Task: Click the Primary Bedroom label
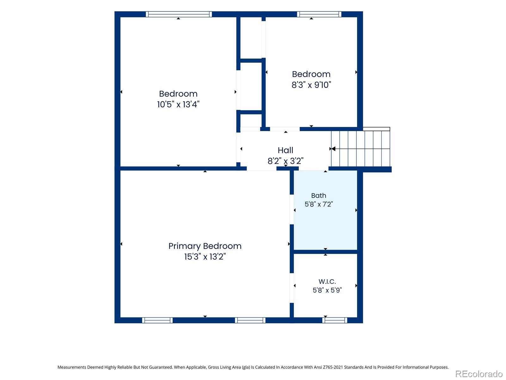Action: (x=205, y=246)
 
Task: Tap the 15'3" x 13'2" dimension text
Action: (x=205, y=256)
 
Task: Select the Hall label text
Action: (x=285, y=150)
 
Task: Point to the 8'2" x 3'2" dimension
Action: (x=285, y=161)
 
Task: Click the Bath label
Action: (x=318, y=196)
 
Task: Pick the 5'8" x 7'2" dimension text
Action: (x=318, y=204)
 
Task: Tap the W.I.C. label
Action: (x=327, y=282)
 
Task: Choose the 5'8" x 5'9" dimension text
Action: (x=327, y=290)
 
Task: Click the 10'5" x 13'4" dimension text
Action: (x=178, y=104)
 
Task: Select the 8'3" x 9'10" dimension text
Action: (x=311, y=85)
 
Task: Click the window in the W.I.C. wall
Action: (x=335, y=320)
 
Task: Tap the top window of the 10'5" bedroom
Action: (x=179, y=14)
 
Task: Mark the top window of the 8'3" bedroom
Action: (x=319, y=14)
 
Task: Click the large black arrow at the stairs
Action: (x=333, y=149)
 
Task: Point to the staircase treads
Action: (x=360, y=149)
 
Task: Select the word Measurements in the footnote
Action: (x=72, y=367)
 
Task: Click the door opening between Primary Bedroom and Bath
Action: (x=292, y=209)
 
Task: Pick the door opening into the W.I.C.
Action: (x=292, y=288)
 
